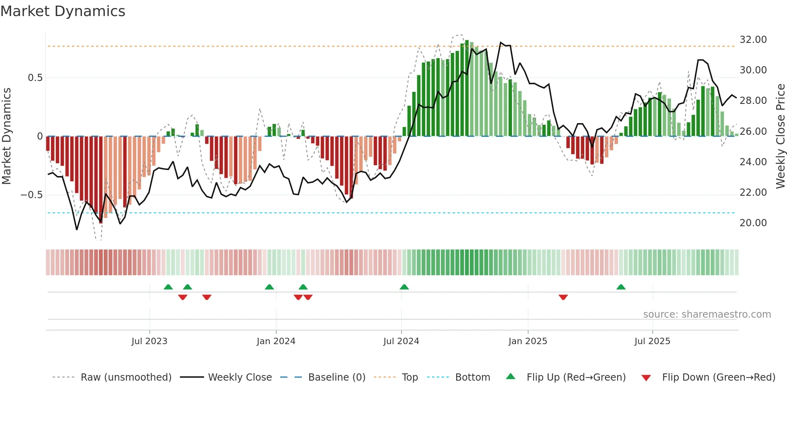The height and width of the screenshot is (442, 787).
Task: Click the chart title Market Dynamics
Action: coord(63,11)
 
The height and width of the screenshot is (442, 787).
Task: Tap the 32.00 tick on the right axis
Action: coord(753,40)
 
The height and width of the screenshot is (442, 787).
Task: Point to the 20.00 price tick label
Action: coord(753,223)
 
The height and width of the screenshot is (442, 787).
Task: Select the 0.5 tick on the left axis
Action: coord(35,78)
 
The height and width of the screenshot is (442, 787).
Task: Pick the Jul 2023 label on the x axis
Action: coord(149,341)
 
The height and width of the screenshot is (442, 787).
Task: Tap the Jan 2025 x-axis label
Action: coord(528,341)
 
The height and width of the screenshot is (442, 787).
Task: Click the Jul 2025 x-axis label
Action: coord(652,341)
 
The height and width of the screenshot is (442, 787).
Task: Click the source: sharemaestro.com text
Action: coord(707,314)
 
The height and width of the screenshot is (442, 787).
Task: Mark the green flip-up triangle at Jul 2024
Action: coord(404,287)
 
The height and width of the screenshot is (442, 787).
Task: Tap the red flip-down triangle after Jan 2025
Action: coord(563,297)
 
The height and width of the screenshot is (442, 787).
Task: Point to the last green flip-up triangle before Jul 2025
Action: coord(621,287)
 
